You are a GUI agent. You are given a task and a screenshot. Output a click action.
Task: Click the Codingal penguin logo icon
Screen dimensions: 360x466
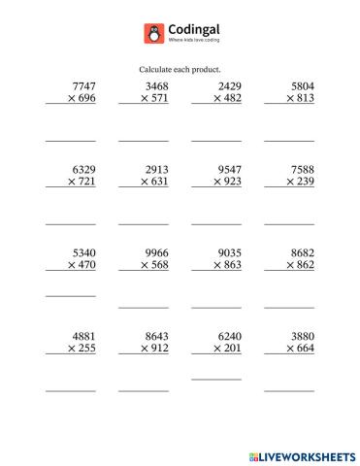(152, 34)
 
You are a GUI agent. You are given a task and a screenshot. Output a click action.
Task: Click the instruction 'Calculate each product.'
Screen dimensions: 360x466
(180, 70)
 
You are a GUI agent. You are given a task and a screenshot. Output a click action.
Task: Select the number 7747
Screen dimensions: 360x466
(83, 86)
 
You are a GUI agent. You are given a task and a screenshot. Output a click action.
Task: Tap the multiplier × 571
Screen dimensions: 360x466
(149, 99)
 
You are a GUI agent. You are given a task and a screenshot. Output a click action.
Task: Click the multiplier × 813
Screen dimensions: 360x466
(295, 99)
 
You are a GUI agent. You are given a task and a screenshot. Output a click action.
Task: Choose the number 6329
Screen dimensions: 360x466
(83, 169)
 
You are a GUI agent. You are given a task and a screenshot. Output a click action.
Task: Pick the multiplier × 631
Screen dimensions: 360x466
(149, 182)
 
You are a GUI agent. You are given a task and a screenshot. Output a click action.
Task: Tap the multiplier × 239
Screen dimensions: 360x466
(295, 182)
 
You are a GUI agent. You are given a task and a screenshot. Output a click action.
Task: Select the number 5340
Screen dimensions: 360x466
(83, 250)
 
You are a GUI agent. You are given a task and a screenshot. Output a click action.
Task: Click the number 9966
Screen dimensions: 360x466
(155, 250)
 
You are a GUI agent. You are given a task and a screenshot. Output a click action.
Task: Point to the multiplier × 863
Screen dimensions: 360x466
(222, 263)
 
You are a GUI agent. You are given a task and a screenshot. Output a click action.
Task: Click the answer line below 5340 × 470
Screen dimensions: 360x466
(71, 295)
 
